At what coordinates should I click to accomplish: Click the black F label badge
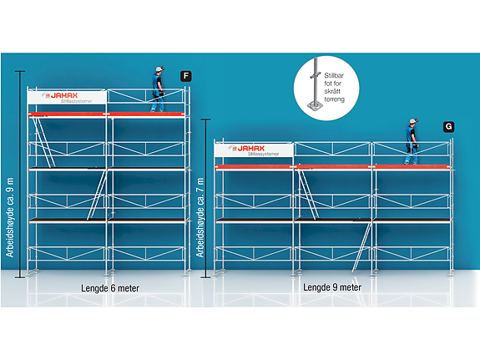(186, 76)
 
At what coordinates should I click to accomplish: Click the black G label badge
(449, 127)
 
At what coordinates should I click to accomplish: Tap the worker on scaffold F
(158, 89)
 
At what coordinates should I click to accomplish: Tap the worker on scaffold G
(412, 141)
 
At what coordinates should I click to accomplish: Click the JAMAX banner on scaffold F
(67, 98)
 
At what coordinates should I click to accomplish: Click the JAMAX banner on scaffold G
(254, 150)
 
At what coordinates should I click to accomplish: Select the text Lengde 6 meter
(110, 288)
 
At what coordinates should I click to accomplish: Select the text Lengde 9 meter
(332, 287)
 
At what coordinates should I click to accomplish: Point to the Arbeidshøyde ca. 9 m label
(10, 217)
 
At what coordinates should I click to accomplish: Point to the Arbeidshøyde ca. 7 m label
(200, 217)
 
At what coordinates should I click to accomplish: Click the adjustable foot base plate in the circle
(315, 106)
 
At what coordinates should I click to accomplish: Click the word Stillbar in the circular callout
(334, 75)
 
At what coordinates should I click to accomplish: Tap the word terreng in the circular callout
(334, 99)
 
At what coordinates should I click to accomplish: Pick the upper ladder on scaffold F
(43, 142)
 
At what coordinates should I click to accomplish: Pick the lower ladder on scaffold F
(97, 195)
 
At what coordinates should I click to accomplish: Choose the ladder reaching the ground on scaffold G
(361, 247)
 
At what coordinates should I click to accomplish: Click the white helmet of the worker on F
(159, 69)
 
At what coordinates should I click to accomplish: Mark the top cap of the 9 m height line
(20, 71)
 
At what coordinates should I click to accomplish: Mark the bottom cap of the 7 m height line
(205, 277)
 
